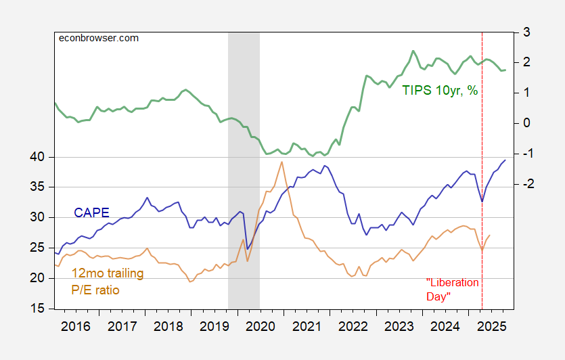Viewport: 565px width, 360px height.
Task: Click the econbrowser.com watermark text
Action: point(98,38)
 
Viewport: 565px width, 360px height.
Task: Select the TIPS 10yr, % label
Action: point(440,90)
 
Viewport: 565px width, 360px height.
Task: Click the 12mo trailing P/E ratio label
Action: point(95,282)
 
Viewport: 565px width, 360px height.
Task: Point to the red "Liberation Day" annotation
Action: point(453,289)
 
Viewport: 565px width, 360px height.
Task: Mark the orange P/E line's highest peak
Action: point(281,162)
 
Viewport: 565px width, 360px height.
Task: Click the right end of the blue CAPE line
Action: point(505,160)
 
